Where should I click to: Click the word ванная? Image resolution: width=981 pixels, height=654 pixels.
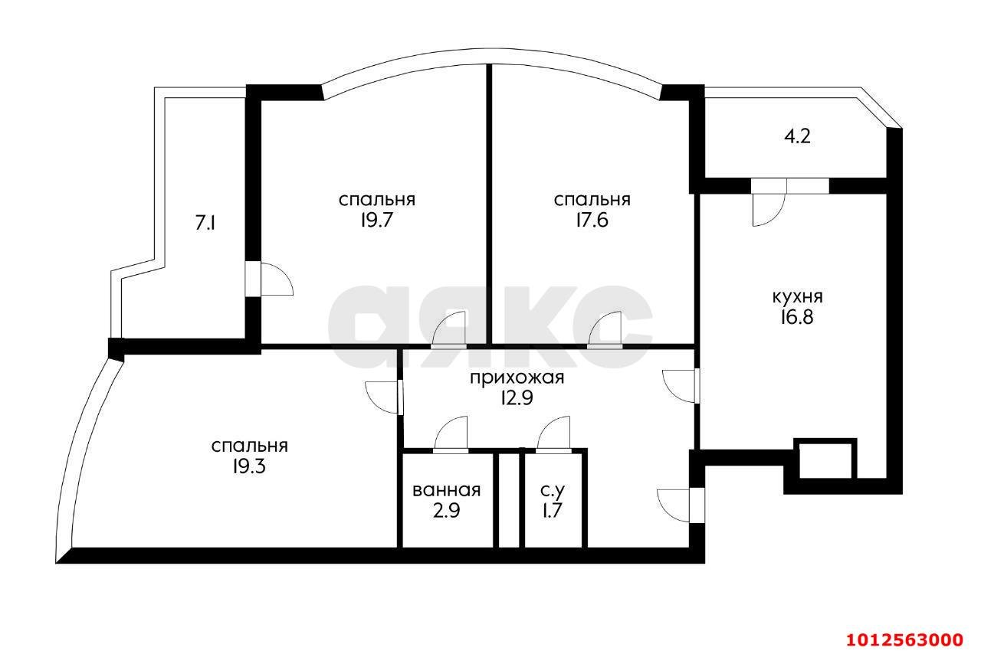click(x=446, y=491)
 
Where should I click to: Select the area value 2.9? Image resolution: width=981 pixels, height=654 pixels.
click(x=446, y=512)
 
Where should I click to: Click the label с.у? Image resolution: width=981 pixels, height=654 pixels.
click(x=553, y=491)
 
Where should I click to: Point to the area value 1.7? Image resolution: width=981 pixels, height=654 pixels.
click(x=553, y=512)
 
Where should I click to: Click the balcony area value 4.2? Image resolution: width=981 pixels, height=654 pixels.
click(x=797, y=137)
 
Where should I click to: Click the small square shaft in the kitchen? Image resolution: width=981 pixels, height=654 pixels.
click(x=825, y=459)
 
